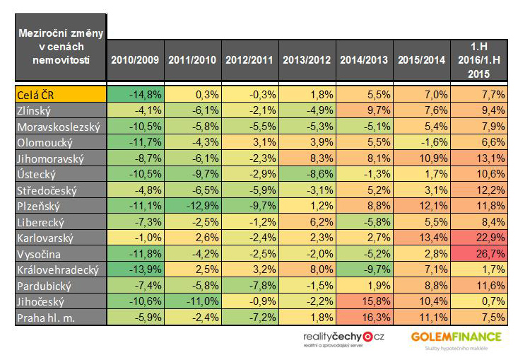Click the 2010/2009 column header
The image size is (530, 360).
click(x=135, y=59)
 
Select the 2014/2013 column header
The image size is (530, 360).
click(x=364, y=59)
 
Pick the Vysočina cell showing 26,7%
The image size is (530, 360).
click(x=478, y=254)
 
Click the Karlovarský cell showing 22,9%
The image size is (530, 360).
click(x=478, y=238)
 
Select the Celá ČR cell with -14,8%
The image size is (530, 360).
click(x=135, y=94)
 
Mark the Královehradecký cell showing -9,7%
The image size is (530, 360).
click(x=364, y=269)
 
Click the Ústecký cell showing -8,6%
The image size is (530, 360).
click(x=307, y=173)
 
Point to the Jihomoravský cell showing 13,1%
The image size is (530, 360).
click(x=478, y=157)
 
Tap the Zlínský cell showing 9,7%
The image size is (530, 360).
click(x=364, y=110)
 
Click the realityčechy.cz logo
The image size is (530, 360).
click(x=343, y=340)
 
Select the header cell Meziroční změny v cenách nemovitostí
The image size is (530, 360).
click(x=60, y=46)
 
